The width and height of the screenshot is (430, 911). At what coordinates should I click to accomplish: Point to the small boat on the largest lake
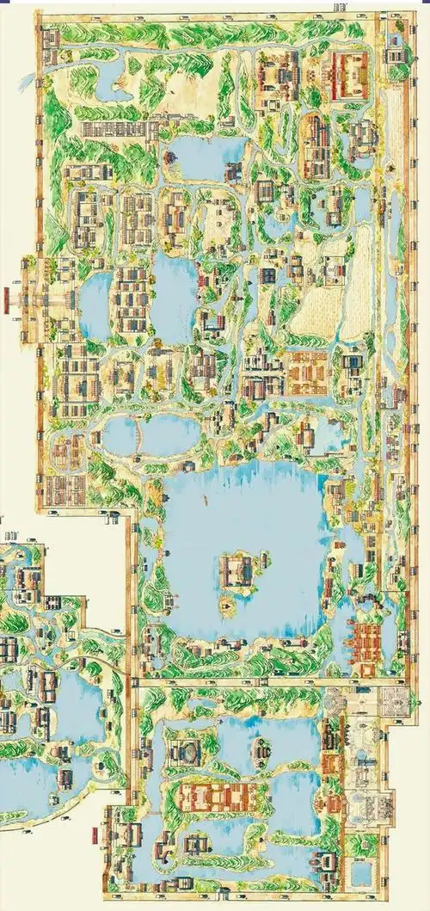(205, 498)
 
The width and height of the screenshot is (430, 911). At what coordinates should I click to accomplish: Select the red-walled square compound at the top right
(347, 76)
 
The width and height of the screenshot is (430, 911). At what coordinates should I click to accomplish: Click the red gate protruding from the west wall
(8, 299)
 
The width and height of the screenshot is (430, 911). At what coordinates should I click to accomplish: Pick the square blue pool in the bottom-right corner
(362, 876)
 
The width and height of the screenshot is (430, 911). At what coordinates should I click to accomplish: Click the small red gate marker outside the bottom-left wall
(93, 832)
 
